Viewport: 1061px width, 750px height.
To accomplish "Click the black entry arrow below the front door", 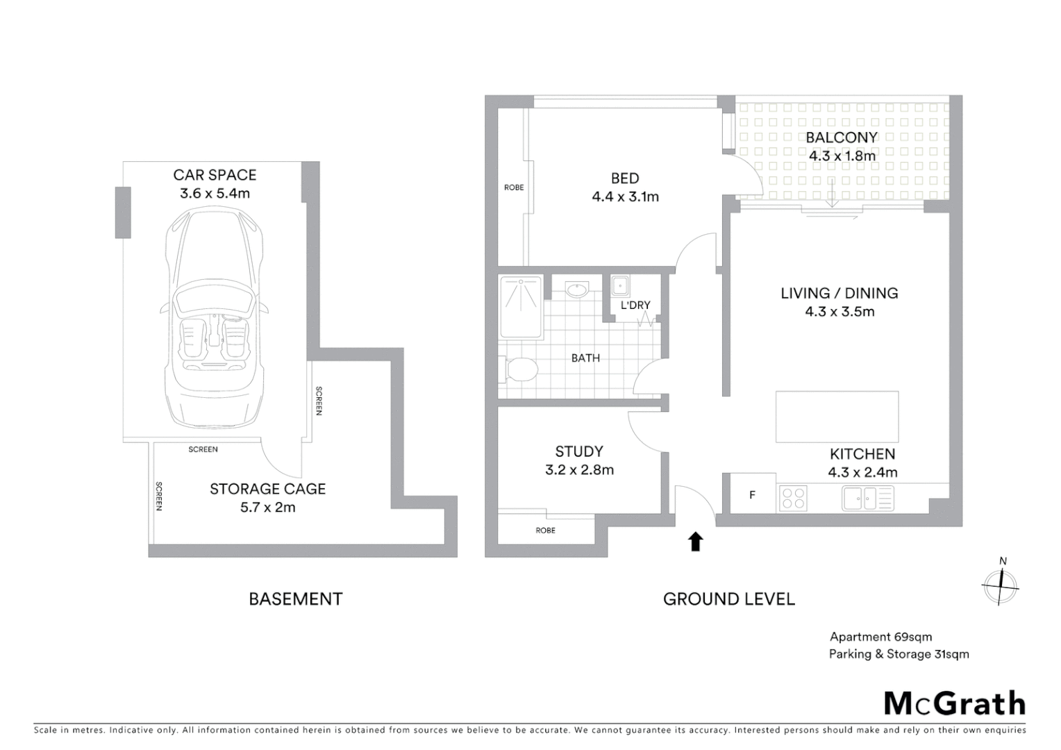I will pyautogui.click(x=695, y=542).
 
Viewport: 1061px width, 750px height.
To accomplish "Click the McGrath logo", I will pyautogui.click(x=955, y=703).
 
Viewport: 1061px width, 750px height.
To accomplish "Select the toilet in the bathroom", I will pyautogui.click(x=519, y=369).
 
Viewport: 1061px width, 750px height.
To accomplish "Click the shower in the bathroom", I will pyautogui.click(x=521, y=306).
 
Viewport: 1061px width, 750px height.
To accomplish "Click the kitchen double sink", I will pyautogui.click(x=867, y=498).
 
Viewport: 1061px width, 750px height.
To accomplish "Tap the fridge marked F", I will pyautogui.click(x=752, y=495).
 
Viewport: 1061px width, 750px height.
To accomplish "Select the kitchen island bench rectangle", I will pyautogui.click(x=837, y=417).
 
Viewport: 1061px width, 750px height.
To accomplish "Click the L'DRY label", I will pyautogui.click(x=635, y=306).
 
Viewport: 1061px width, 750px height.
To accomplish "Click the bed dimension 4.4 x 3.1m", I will pyautogui.click(x=625, y=197).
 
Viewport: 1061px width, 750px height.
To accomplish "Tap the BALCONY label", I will pyautogui.click(x=842, y=137).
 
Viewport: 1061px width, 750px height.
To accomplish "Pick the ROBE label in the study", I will pyautogui.click(x=546, y=531).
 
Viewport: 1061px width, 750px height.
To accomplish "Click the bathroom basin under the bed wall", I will pyautogui.click(x=576, y=289).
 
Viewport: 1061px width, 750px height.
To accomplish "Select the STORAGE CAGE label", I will pyautogui.click(x=268, y=489).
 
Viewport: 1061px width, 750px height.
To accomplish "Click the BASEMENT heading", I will pyautogui.click(x=296, y=599).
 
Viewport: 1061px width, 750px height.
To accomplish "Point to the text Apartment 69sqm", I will pyautogui.click(x=880, y=637).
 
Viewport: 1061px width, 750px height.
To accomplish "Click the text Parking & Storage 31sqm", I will pyautogui.click(x=899, y=654).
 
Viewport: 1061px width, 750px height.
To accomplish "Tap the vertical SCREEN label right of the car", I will pyautogui.click(x=319, y=401).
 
